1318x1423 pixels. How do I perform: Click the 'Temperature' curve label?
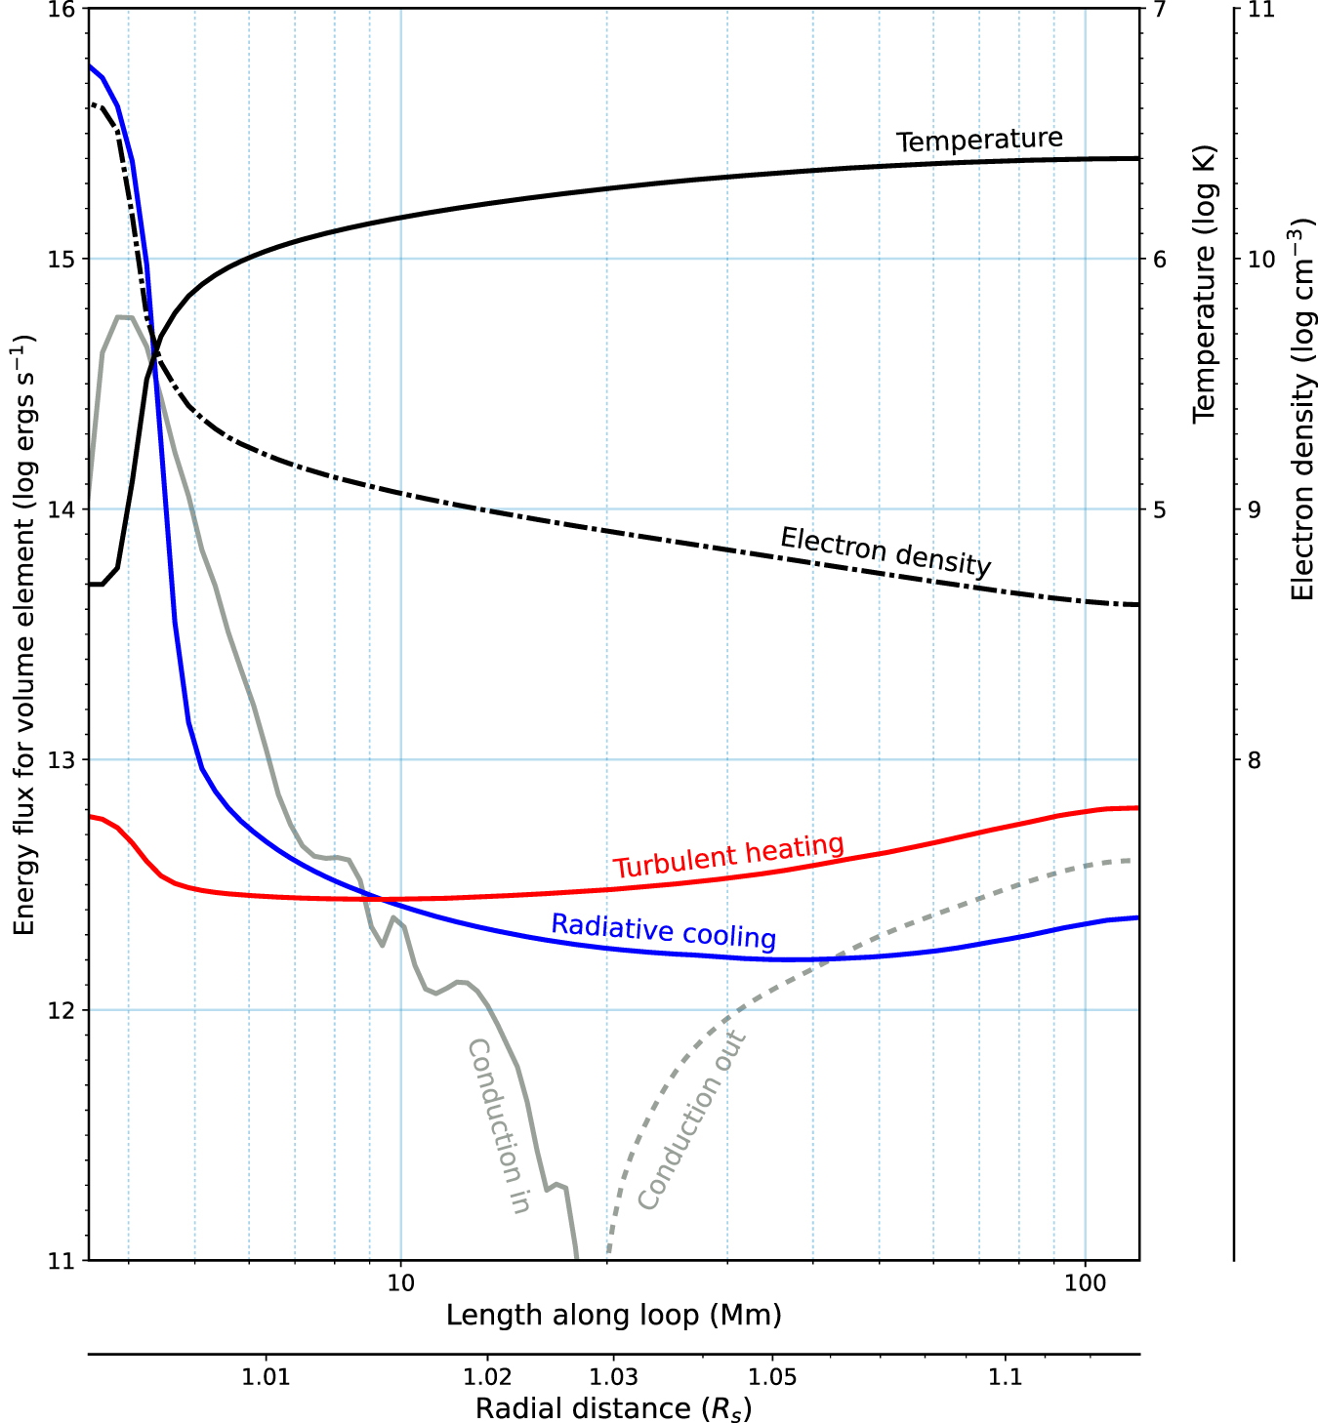(x=979, y=141)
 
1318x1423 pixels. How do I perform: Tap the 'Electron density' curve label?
(x=886, y=551)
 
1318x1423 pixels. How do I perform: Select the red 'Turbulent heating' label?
(x=728, y=856)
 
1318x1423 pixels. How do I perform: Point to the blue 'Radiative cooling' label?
(x=664, y=930)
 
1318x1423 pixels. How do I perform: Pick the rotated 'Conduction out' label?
(x=691, y=1119)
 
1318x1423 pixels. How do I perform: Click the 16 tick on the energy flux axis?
(x=62, y=9)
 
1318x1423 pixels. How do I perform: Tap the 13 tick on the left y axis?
(x=62, y=760)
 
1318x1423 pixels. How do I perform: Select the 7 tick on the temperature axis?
(x=1160, y=9)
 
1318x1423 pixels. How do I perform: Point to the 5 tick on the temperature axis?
(x=1160, y=509)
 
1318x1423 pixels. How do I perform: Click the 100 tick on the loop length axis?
(x=1086, y=1282)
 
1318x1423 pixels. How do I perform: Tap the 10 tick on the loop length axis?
(x=401, y=1282)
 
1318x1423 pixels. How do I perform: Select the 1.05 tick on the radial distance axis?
(x=772, y=1377)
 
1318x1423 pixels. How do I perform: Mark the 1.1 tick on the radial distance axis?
(x=1005, y=1377)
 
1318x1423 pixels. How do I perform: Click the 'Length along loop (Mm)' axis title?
(x=613, y=1316)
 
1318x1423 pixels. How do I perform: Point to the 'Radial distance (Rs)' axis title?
(x=613, y=1408)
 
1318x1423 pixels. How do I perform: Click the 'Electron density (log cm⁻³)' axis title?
(x=1302, y=410)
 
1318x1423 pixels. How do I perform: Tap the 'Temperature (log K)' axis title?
(x=1204, y=284)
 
